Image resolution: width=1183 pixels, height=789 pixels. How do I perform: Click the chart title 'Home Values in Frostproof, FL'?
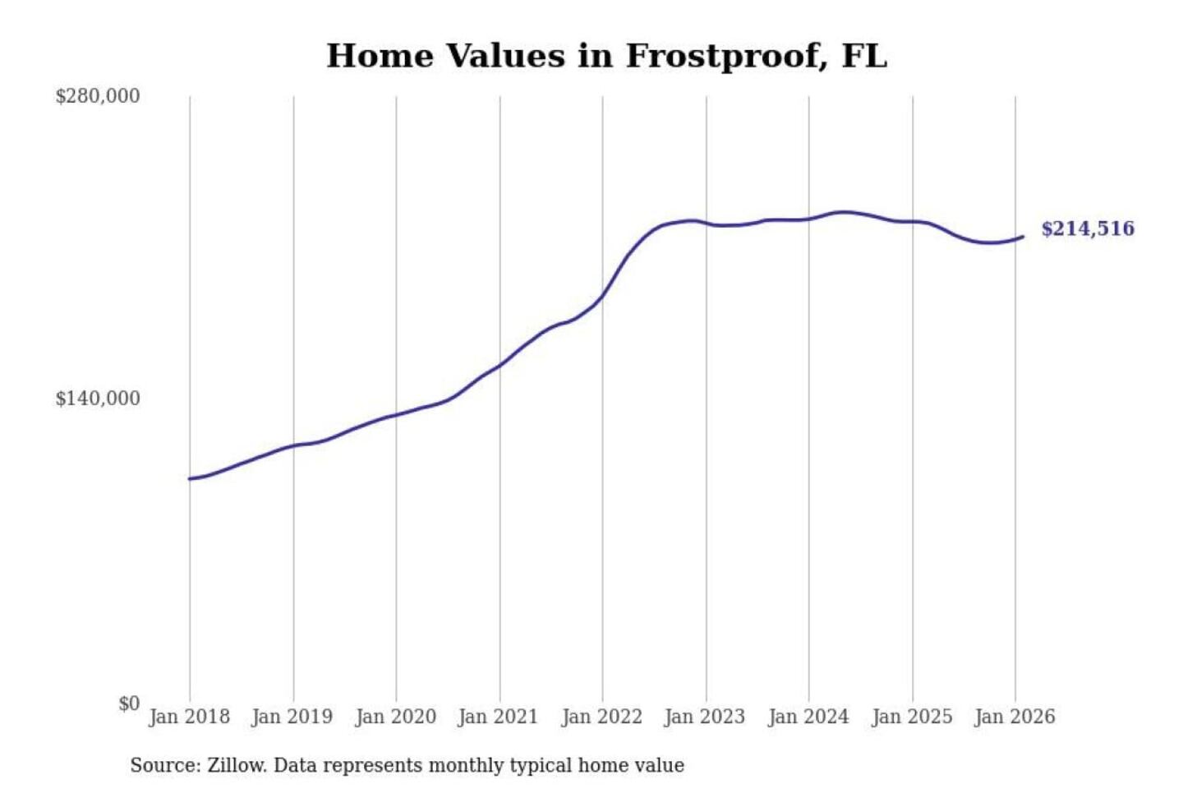click(x=606, y=56)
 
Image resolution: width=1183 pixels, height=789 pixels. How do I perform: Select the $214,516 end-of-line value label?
click(x=1087, y=228)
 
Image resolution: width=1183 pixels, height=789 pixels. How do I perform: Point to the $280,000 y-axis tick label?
click(x=98, y=96)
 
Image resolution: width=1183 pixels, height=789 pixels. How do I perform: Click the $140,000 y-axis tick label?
click(x=98, y=399)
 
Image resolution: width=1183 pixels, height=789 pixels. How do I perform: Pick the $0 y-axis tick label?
click(x=129, y=704)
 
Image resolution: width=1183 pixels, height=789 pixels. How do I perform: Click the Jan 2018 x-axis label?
click(x=189, y=717)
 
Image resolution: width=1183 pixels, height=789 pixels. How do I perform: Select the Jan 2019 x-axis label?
click(x=292, y=717)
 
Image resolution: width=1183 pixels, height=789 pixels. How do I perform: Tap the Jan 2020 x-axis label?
click(x=395, y=717)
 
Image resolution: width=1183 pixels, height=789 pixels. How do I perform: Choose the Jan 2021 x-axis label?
click(x=498, y=717)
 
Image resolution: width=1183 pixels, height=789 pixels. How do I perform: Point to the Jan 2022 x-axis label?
click(x=601, y=717)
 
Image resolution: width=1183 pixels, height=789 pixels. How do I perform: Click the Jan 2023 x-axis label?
click(x=704, y=717)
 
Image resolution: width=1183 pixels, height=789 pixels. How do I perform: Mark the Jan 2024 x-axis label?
click(x=808, y=717)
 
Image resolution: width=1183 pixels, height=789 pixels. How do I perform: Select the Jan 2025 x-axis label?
click(x=911, y=717)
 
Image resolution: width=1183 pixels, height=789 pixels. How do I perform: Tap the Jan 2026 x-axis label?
click(x=1014, y=717)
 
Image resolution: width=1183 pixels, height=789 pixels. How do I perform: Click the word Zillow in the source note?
click(x=236, y=765)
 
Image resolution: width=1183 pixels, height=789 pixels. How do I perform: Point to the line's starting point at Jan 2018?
click(x=190, y=478)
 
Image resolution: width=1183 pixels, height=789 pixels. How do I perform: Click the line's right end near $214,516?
click(x=1023, y=237)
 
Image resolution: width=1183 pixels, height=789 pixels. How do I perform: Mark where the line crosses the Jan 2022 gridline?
click(x=602, y=296)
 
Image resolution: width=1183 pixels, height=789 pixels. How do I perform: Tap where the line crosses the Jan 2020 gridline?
click(x=396, y=414)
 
